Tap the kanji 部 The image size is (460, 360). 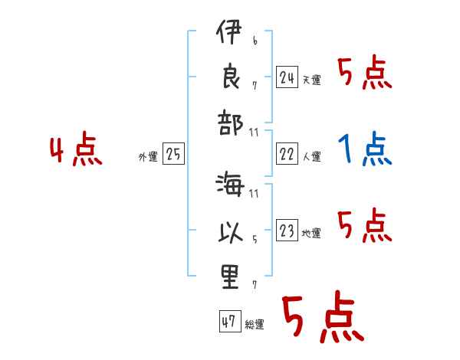pos(230,123)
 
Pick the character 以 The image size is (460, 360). pos(230,231)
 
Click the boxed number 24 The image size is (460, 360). pos(287,77)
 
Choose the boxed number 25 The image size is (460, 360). pos(174,155)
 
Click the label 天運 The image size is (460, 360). pos(311,80)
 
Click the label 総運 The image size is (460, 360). pos(255,324)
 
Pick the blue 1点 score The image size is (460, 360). pos(365,149)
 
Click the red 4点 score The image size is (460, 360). pos(75,150)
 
